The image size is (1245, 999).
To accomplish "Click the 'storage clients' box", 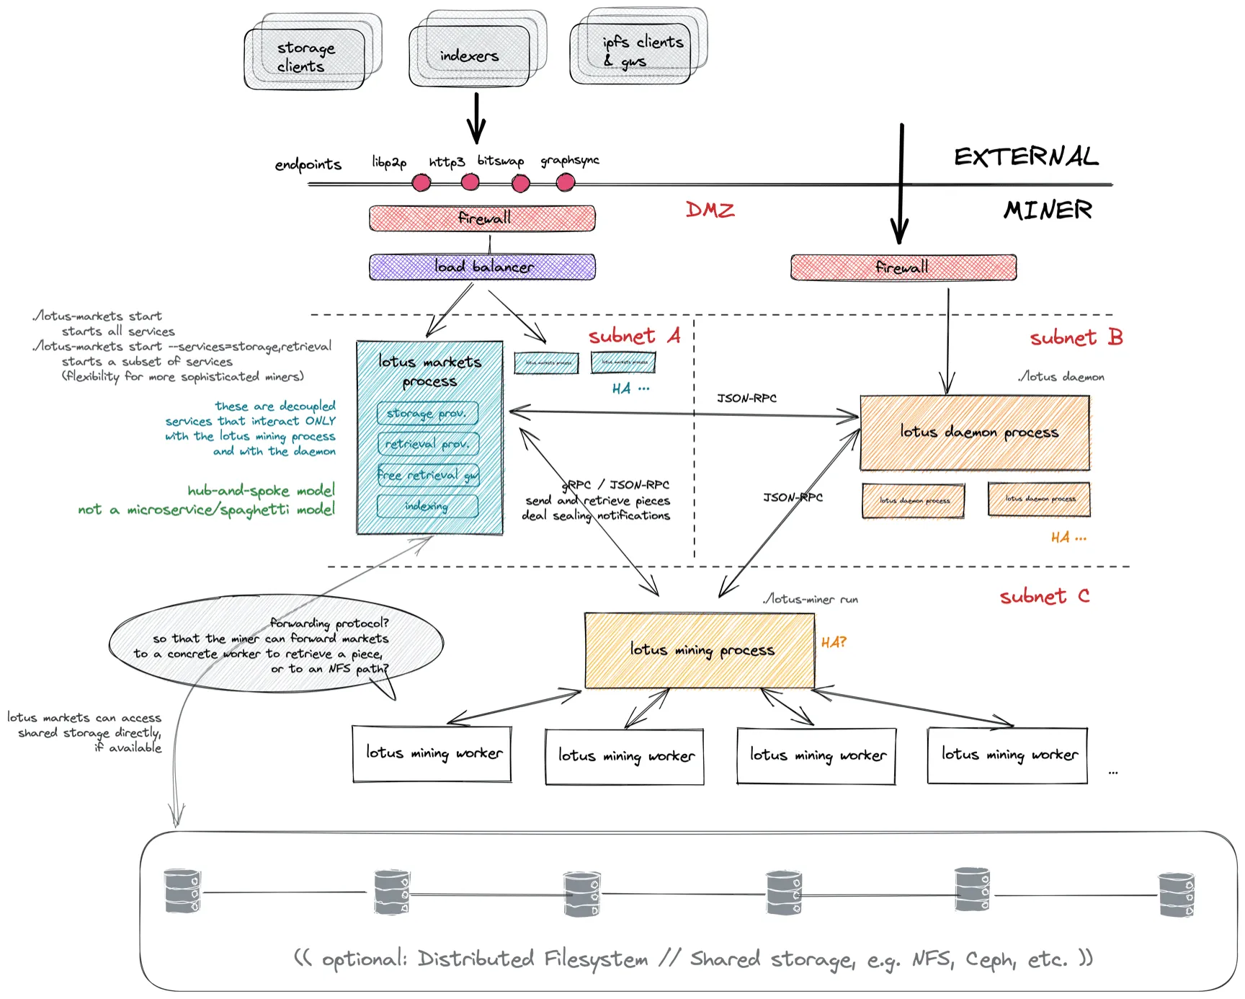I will click(305, 58).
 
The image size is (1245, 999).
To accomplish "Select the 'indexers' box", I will click(470, 55).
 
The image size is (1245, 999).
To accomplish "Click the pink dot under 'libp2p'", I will click(421, 183).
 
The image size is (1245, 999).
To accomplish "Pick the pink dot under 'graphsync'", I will click(566, 183).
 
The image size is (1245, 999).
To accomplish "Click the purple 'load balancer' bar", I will click(482, 267).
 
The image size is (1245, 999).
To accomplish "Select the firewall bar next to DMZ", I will click(482, 218).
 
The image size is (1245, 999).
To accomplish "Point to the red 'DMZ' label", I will click(710, 210).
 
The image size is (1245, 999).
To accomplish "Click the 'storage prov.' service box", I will click(428, 414).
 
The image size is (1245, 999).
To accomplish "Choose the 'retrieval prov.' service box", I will click(428, 444).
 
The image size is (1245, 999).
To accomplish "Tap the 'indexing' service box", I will click(428, 506).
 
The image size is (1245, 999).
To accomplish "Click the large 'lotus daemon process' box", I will click(975, 432).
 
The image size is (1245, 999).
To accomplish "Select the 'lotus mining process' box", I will click(700, 650).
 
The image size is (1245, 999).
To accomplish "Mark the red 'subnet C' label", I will click(1044, 597).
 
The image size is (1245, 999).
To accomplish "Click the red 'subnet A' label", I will click(633, 337).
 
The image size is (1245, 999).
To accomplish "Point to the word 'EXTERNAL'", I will click(1026, 156).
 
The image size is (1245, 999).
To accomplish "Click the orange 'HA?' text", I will click(834, 642).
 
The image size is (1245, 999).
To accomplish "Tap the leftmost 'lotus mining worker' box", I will click(432, 754).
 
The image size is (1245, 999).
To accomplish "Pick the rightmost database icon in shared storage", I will click(1176, 894).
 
